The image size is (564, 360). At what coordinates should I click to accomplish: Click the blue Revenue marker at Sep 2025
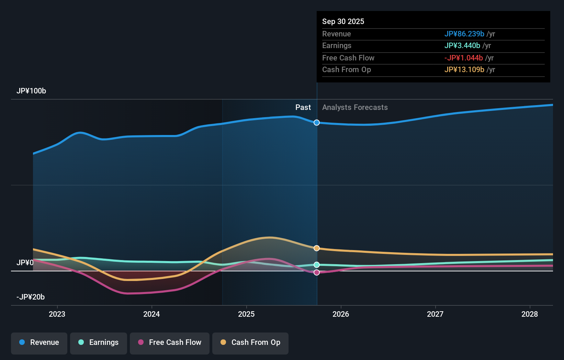pyautogui.click(x=317, y=123)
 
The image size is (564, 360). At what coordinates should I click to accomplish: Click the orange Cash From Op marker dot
pyautogui.click(x=317, y=248)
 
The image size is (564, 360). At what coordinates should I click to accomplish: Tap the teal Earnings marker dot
pyautogui.click(x=317, y=265)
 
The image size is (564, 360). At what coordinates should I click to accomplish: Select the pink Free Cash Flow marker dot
pyautogui.click(x=317, y=272)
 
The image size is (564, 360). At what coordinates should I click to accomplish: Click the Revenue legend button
pyautogui.click(x=39, y=342)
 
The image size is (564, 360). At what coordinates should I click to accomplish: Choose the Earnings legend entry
pyautogui.click(x=99, y=342)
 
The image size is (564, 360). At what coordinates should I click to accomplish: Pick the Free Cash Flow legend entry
pyautogui.click(x=170, y=342)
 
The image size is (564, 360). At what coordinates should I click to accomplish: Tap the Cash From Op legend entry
pyautogui.click(x=250, y=342)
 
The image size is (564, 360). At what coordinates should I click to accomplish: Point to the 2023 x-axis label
pyautogui.click(x=57, y=314)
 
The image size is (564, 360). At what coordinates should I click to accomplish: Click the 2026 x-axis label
pyautogui.click(x=341, y=314)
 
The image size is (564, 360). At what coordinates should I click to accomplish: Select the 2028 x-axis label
pyautogui.click(x=530, y=314)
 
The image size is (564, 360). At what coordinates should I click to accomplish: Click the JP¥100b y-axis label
pyautogui.click(x=31, y=91)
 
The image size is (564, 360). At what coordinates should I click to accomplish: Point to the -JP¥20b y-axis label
pyautogui.click(x=31, y=297)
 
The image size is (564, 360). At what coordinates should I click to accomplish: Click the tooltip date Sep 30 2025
pyautogui.click(x=343, y=21)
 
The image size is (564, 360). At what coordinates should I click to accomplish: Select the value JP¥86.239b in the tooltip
pyautogui.click(x=464, y=34)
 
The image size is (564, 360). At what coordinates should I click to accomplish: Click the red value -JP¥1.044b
pyautogui.click(x=463, y=58)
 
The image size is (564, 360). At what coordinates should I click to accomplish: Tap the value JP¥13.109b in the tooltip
pyautogui.click(x=464, y=70)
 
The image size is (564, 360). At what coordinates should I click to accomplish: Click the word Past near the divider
pyautogui.click(x=303, y=108)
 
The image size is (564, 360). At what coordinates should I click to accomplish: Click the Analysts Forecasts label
pyautogui.click(x=355, y=108)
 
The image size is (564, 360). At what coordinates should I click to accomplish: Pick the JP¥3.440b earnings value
pyautogui.click(x=462, y=46)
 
